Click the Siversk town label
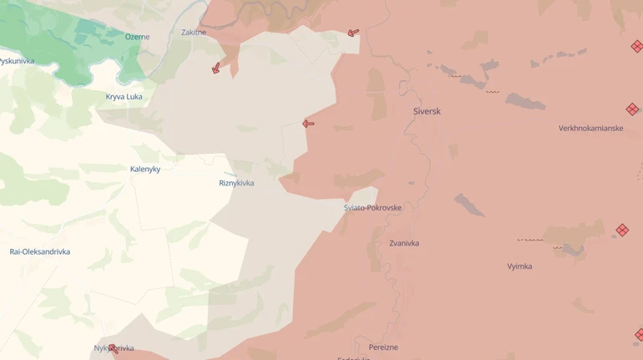pyautogui.click(x=427, y=111)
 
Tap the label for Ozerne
pyautogui.click(x=137, y=37)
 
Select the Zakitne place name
pyautogui.click(x=194, y=33)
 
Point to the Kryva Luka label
pyautogui.click(x=124, y=97)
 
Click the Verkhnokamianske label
pyautogui.click(x=590, y=129)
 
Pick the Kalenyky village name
pyautogui.click(x=145, y=169)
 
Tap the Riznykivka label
pyautogui.click(x=236, y=183)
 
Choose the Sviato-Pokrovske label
pyautogui.click(x=372, y=208)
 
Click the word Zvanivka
pyautogui.click(x=404, y=243)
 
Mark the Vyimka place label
pyautogui.click(x=519, y=266)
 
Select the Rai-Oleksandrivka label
pyautogui.click(x=40, y=251)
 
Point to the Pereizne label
pyautogui.click(x=383, y=347)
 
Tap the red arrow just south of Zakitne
pyautogui.click(x=215, y=68)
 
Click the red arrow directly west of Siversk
pyautogui.click(x=308, y=124)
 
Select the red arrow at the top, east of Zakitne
pyautogui.click(x=353, y=33)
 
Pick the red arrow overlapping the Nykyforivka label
pyautogui.click(x=113, y=349)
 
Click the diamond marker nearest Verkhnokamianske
pyautogui.click(x=632, y=109)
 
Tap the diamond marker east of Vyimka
pyautogui.click(x=622, y=230)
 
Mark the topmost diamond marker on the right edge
pyautogui.click(x=637, y=47)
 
